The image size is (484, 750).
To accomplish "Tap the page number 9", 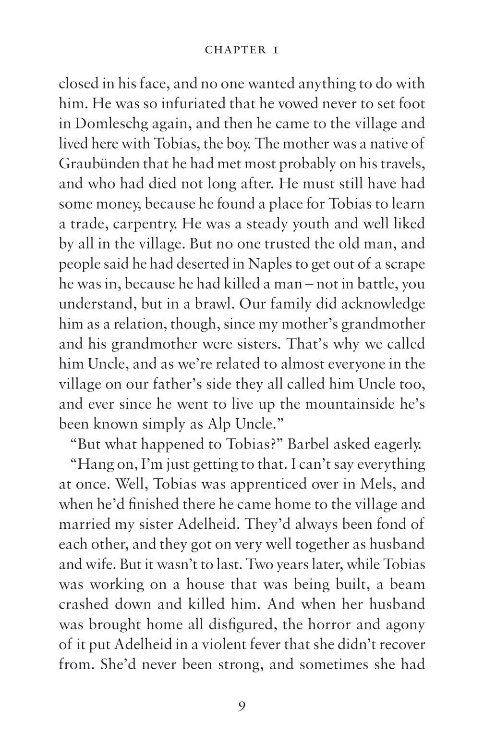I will [242, 706].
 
